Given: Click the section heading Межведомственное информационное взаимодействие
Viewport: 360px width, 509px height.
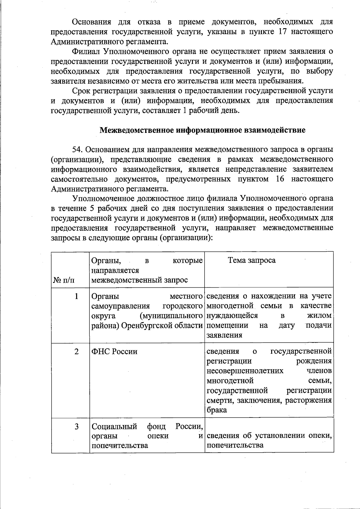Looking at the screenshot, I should click(202, 130).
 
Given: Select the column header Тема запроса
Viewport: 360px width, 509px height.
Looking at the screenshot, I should click(252, 260).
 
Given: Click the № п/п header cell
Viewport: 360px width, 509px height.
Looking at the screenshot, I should click(64, 280).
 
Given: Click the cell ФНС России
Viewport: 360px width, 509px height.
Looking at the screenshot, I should click(114, 352).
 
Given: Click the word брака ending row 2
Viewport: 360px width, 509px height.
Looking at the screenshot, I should click(217, 410).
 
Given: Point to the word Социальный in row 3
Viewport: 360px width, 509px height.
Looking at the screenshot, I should click(114, 426).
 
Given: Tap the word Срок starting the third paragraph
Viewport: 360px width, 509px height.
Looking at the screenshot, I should click(81, 91).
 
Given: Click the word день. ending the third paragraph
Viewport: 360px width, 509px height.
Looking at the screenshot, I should click(230, 111).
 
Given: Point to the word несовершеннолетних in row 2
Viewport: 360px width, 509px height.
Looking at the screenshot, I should click(245, 371).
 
